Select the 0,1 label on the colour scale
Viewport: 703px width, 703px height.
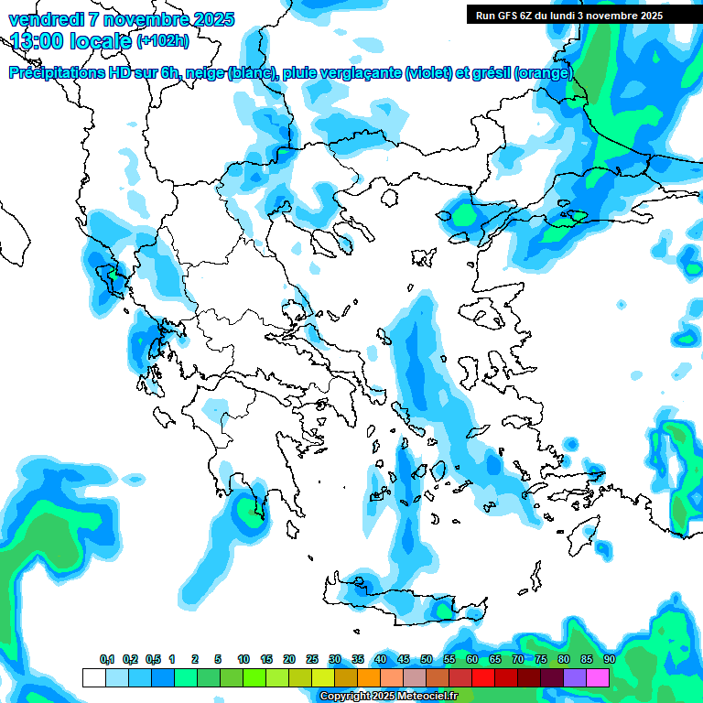107,660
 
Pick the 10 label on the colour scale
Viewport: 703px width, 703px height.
243,660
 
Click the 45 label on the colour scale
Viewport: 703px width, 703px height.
404,660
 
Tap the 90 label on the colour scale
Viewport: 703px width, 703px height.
609,660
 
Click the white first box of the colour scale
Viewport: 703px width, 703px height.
93,677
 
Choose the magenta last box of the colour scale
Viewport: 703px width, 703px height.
598,677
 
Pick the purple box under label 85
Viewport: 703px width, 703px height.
575,677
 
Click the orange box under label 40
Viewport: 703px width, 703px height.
369,677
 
